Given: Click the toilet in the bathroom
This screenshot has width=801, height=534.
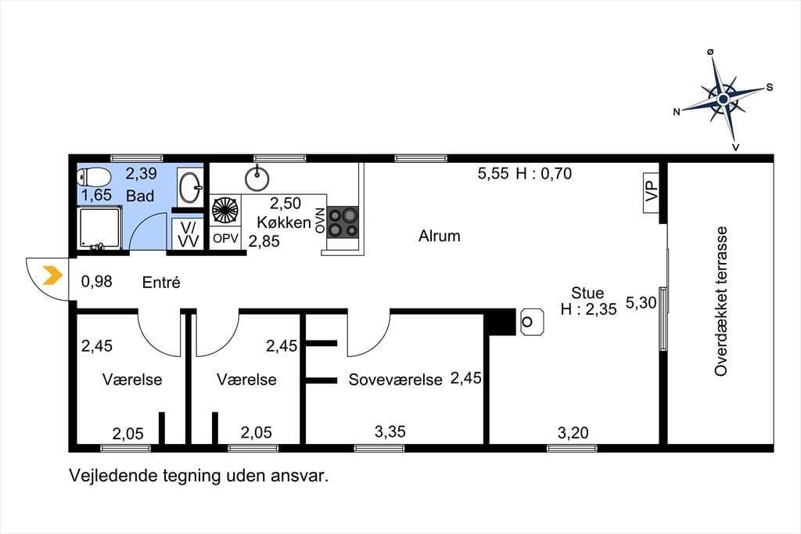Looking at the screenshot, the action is pos(94,178).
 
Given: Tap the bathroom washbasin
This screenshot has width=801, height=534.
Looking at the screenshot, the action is pos(191,186).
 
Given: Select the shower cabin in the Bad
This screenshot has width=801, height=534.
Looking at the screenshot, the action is pos(99,228).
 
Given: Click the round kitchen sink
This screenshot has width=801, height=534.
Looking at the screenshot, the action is pos(257,178).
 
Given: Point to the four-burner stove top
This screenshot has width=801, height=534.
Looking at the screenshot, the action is pos(343,222).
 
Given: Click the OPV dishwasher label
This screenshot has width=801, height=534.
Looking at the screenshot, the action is pos(225,238).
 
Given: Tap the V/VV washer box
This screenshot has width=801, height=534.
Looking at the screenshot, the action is pos(188,234).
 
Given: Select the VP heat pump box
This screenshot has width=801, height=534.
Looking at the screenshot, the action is pos(652,193).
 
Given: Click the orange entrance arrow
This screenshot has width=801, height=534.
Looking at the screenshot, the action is pos(52,276).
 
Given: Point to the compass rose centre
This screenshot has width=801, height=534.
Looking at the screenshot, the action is pos(723,99).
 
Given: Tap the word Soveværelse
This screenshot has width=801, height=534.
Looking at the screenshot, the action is pos(395,380).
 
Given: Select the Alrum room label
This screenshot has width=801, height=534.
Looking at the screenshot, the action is pos(440,236).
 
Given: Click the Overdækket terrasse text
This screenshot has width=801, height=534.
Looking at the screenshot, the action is pos(720,301).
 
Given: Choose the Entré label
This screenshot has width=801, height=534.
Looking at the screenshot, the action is pos(161,282).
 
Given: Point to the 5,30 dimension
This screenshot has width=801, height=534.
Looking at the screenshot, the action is pos(641,303).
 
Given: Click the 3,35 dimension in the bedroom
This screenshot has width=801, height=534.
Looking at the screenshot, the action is pos(390,431).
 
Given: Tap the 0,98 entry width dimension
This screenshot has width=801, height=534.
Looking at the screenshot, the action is pos(96,281).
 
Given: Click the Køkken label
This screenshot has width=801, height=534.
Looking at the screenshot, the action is pos(284,222).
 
